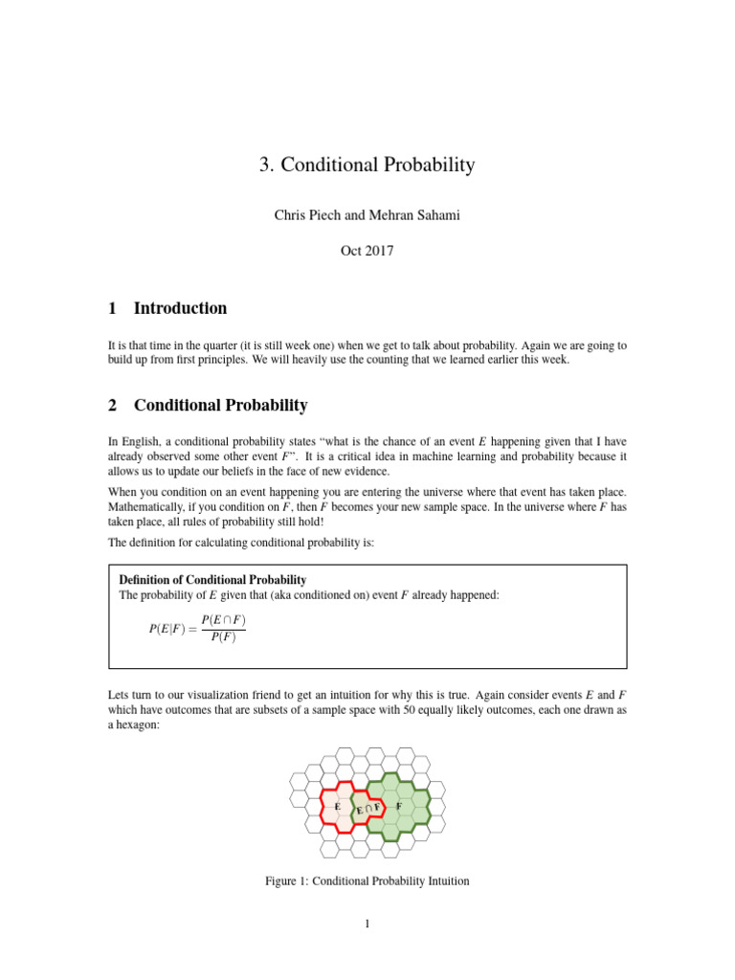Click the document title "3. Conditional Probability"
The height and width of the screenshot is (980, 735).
(x=367, y=165)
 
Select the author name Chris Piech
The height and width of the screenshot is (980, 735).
(x=307, y=215)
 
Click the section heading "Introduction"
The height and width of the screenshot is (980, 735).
(x=180, y=308)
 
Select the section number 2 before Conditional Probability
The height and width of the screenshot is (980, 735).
(x=113, y=406)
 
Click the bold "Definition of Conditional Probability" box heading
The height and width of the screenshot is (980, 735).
(x=212, y=580)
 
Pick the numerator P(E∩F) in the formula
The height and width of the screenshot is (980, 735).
(x=223, y=620)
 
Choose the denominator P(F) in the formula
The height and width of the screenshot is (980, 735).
(x=223, y=638)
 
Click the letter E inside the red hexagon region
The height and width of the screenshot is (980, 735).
(x=338, y=807)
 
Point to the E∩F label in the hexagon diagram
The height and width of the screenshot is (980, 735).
(x=368, y=810)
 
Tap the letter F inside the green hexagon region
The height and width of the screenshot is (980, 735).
(x=398, y=806)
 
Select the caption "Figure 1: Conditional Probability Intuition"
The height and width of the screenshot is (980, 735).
(x=367, y=880)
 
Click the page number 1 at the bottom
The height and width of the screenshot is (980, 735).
(x=367, y=924)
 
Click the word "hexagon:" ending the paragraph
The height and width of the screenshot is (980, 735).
(x=132, y=726)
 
